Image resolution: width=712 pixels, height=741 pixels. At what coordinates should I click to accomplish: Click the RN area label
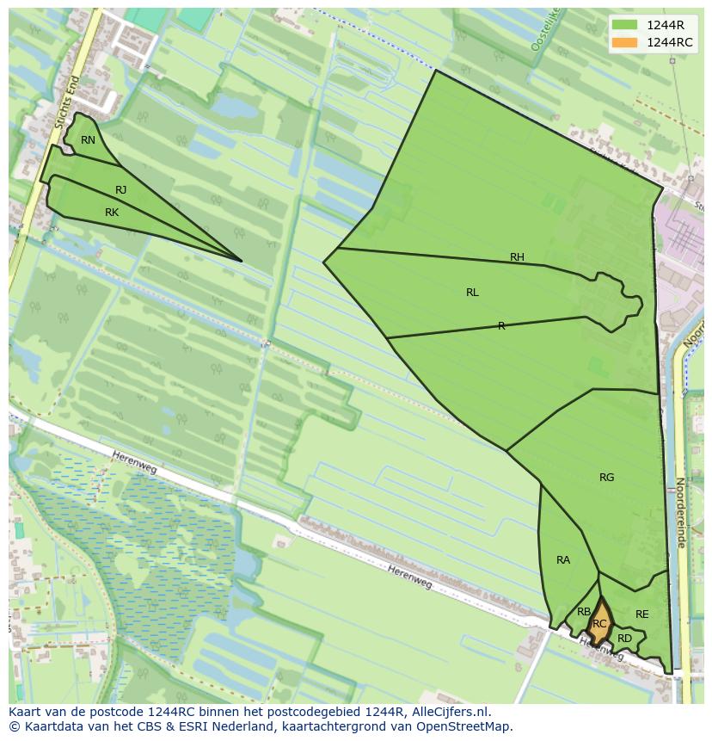point(88,140)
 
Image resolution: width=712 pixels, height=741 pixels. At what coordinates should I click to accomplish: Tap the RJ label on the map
point(121,190)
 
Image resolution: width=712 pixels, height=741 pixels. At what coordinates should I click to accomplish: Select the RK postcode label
point(112,213)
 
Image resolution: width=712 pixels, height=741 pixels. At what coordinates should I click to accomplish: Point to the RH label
point(517,257)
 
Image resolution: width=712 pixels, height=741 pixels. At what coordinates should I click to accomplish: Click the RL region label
point(472,293)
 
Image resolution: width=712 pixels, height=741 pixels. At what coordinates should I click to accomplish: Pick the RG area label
point(607,478)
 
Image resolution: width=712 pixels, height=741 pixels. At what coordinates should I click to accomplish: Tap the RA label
point(563,560)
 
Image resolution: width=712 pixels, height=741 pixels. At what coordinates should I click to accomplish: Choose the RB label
point(584,612)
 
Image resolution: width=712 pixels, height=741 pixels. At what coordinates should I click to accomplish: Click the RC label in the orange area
point(599,624)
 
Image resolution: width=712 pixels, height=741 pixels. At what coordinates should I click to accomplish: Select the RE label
point(641,614)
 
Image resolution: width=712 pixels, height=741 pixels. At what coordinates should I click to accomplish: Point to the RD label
point(624,639)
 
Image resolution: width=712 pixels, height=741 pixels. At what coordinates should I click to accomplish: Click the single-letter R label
point(501,326)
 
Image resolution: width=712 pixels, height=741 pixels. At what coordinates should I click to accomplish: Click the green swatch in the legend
point(625,25)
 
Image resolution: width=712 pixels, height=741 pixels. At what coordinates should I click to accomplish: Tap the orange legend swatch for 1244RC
point(625,42)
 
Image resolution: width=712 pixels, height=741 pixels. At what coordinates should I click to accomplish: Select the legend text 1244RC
point(670,42)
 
